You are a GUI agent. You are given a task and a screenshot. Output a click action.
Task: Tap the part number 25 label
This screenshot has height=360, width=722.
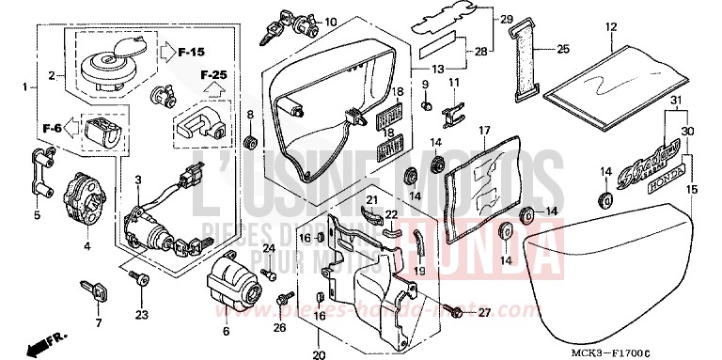pyautogui.click(x=563, y=49)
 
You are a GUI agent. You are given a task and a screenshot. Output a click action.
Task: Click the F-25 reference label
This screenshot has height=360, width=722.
pyautogui.click(x=213, y=72)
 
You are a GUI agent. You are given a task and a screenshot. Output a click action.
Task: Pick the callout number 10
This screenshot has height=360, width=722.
pyautogui.click(x=330, y=22)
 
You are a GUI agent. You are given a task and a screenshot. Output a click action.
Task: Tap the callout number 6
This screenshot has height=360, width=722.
pyautogui.click(x=226, y=330)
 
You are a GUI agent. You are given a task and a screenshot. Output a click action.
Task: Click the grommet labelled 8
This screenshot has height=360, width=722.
pyautogui.click(x=251, y=143)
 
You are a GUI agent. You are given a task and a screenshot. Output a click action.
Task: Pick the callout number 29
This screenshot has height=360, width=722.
pyautogui.click(x=506, y=20)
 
